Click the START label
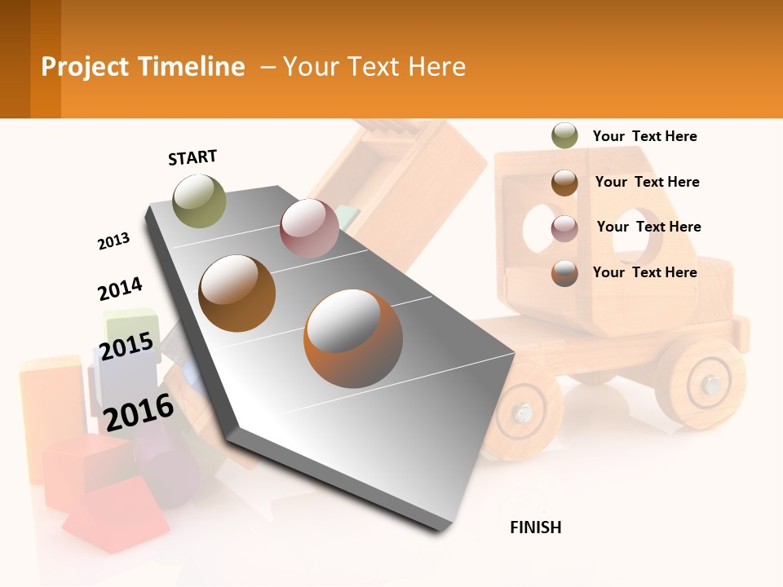[192, 157]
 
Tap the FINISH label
[536, 527]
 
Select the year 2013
[113, 241]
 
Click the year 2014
[120, 289]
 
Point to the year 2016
[139, 412]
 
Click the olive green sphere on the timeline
[199, 201]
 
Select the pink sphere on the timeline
[309, 228]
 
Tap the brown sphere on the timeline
[237, 293]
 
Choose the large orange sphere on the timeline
[353, 338]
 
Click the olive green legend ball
[564, 136]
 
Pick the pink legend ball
[564, 227]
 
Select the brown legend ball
[564, 182]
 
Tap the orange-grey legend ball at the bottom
[564, 272]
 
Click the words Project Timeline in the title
[143, 67]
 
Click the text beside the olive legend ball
[644, 136]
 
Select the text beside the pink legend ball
[648, 227]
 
